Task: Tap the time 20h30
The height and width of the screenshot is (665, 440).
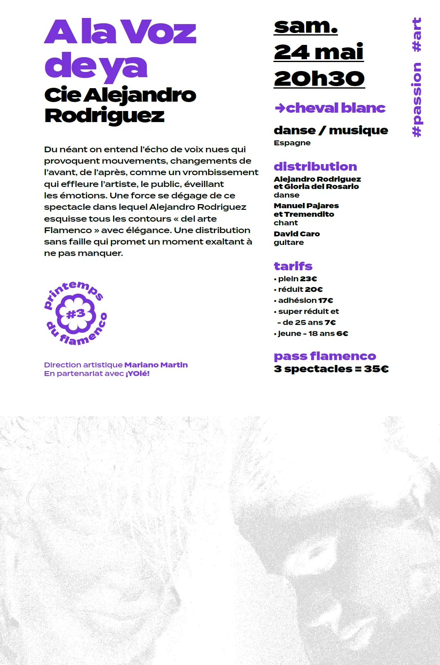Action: pyautogui.click(x=319, y=78)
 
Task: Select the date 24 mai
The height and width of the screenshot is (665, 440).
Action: pyautogui.click(x=318, y=52)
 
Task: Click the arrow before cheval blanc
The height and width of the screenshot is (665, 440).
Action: pyautogui.click(x=280, y=108)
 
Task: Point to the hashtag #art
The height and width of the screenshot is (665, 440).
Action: pyautogui.click(x=417, y=35)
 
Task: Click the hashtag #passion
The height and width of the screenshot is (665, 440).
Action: pyautogui.click(x=417, y=100)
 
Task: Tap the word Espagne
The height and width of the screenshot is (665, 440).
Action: pyautogui.click(x=292, y=143)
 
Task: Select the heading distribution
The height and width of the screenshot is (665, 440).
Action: pyautogui.click(x=315, y=167)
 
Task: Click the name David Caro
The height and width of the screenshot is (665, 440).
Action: pyautogui.click(x=297, y=234)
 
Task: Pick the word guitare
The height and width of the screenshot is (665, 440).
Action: pyautogui.click(x=289, y=242)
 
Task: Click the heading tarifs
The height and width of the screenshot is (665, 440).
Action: pyautogui.click(x=293, y=266)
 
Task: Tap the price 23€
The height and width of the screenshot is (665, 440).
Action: pyautogui.click(x=309, y=279)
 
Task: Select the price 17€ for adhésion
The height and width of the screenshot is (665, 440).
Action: pyautogui.click(x=326, y=300)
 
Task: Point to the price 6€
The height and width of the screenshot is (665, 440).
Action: pyautogui.click(x=342, y=334)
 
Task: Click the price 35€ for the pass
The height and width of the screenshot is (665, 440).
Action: pyautogui.click(x=376, y=369)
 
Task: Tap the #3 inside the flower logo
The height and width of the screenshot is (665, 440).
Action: pyautogui.click(x=76, y=314)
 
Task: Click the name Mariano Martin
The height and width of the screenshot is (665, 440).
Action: pyautogui.click(x=156, y=365)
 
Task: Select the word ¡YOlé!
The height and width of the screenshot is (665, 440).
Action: pyautogui.click(x=138, y=374)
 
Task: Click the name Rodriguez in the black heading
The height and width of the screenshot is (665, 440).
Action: pyautogui.click(x=104, y=116)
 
